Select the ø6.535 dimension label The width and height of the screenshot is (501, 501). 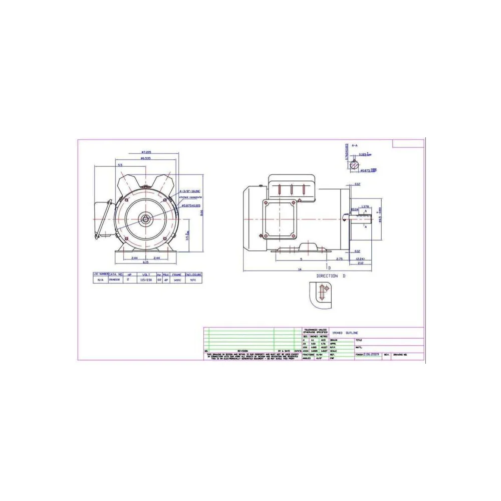(x=146, y=158)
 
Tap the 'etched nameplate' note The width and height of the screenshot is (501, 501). (x=189, y=197)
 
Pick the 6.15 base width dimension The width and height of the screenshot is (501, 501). (x=146, y=263)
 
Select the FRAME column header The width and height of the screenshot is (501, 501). (x=177, y=275)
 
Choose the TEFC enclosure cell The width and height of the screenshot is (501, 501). (x=193, y=280)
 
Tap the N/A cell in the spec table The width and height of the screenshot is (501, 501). (x=100, y=280)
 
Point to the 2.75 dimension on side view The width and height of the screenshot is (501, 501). (x=339, y=259)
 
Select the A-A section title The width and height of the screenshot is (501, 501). (x=355, y=145)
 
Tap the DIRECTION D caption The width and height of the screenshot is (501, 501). (x=331, y=276)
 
